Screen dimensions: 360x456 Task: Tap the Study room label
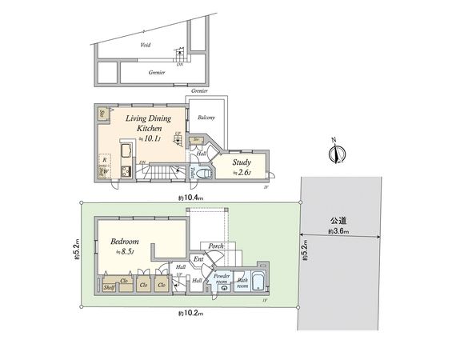[x=242, y=162]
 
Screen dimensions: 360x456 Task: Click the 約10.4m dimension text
[x=190, y=196]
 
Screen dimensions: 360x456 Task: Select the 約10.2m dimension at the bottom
[x=190, y=314]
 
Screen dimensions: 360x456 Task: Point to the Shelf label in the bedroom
[x=107, y=286]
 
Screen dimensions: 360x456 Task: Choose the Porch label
[x=216, y=246]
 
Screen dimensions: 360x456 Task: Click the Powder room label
[x=222, y=278]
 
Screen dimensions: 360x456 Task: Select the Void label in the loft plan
[x=145, y=46]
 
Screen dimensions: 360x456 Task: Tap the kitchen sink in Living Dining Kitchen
[x=125, y=152]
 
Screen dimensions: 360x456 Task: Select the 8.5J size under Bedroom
[x=125, y=253]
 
